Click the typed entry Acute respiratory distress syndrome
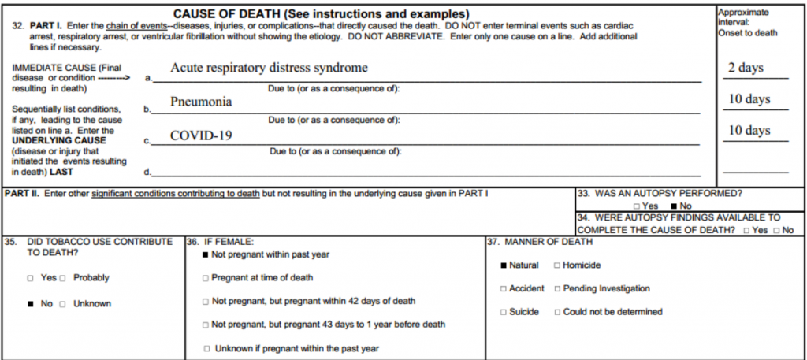pyautogui.click(x=269, y=68)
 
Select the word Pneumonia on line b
pyautogui.click(x=201, y=102)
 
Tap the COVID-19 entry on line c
pyautogui.click(x=201, y=135)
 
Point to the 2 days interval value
pyautogui.click(x=746, y=68)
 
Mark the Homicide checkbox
pyautogui.click(x=557, y=266)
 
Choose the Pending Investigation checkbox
pyautogui.click(x=557, y=289)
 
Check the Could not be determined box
pyautogui.click(x=557, y=313)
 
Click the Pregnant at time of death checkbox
pyautogui.click(x=206, y=278)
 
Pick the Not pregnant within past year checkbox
pyautogui.click(x=206, y=255)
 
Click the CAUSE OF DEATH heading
pyautogui.click(x=321, y=14)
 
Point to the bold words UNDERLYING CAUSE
pyautogui.click(x=59, y=140)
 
